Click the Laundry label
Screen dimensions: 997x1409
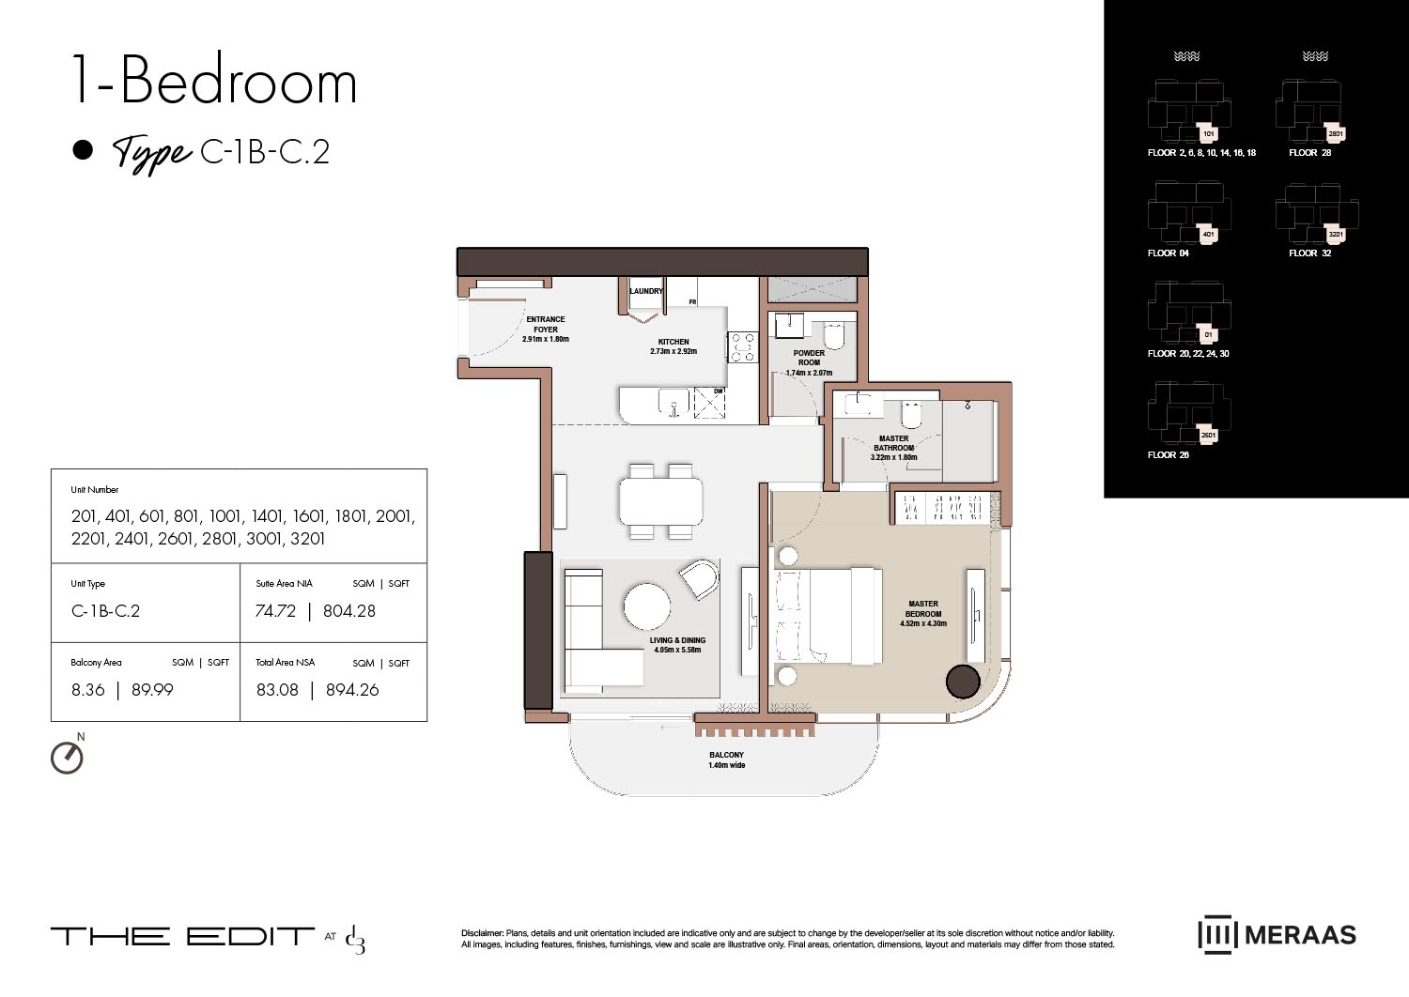pyautogui.click(x=646, y=291)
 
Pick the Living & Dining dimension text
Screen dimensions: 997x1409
pyautogui.click(x=677, y=650)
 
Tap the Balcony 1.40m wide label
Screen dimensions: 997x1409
pyautogui.click(x=726, y=759)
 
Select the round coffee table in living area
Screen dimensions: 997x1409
pyautogui.click(x=647, y=606)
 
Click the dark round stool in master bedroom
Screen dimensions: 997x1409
pyautogui.click(x=963, y=682)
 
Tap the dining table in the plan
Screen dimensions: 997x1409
pyautogui.click(x=660, y=502)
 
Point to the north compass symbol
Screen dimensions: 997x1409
pyautogui.click(x=67, y=757)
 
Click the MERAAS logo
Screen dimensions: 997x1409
pyautogui.click(x=1277, y=934)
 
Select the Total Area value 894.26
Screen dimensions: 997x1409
pyautogui.click(x=352, y=690)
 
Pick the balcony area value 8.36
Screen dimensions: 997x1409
pyautogui.click(x=88, y=690)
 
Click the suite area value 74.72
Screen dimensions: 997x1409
pyautogui.click(x=275, y=611)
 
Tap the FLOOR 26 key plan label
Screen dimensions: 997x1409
pyautogui.click(x=1168, y=455)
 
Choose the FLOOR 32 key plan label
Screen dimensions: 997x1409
pyautogui.click(x=1309, y=253)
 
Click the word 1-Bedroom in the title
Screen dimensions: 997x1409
pyautogui.click(x=214, y=82)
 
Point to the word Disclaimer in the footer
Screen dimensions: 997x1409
pyautogui.click(x=482, y=933)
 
